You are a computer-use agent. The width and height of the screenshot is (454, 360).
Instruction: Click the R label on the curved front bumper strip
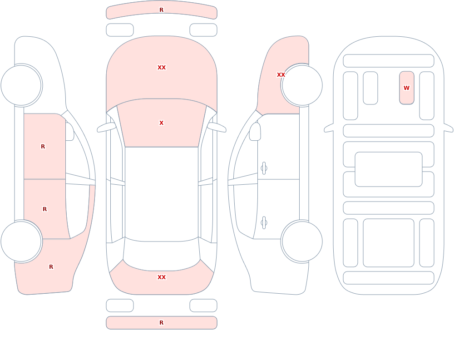[161, 10]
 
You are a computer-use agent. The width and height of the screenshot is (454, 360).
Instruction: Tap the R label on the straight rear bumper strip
[161, 323]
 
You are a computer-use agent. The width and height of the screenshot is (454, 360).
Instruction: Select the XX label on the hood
[162, 68]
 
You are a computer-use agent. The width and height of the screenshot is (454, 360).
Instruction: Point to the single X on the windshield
[161, 123]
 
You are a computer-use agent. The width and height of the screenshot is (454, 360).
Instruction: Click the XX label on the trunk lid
[162, 277]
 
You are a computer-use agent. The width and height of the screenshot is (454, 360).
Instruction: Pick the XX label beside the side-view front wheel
[281, 75]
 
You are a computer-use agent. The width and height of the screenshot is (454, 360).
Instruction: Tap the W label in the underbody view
[406, 88]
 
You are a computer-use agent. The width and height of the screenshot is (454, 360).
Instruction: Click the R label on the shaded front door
[43, 147]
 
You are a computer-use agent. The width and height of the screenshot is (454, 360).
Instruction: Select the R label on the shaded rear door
[44, 209]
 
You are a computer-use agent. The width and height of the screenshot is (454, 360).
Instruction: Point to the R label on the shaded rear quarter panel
[51, 267]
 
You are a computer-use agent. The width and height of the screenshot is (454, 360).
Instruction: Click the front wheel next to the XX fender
[302, 85]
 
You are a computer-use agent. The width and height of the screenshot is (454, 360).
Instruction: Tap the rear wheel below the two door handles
[302, 242]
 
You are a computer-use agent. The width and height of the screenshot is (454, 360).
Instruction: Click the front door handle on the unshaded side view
[264, 168]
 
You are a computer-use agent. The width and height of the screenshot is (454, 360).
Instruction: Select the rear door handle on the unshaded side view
[264, 223]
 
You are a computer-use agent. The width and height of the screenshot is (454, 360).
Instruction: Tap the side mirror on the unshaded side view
[255, 132]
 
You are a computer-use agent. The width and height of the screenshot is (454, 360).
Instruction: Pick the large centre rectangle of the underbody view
[389, 169]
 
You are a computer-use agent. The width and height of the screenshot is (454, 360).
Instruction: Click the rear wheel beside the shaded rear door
[21, 242]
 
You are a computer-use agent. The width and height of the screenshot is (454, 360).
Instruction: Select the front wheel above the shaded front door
[21, 85]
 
